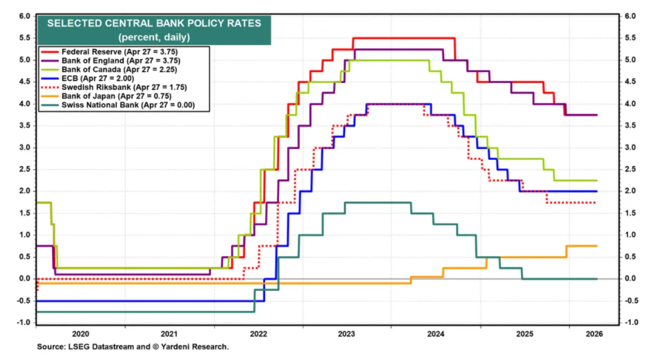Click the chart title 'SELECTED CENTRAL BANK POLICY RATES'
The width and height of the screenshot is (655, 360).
coord(154,24)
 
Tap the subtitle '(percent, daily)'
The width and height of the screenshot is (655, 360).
coord(154,37)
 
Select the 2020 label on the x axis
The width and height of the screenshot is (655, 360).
coord(80,334)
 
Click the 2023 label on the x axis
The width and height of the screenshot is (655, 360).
coord(346,334)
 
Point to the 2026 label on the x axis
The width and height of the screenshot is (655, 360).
coord(594,334)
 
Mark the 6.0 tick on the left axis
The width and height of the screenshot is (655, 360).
coord(25,16)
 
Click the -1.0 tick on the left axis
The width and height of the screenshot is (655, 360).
coord(24,322)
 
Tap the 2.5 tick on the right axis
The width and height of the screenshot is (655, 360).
coord(630,169)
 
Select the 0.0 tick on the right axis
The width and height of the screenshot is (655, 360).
coord(630,279)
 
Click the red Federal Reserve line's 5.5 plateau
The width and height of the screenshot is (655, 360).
coord(404,38)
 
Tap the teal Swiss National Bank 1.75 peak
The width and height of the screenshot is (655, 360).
coord(378,202)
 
